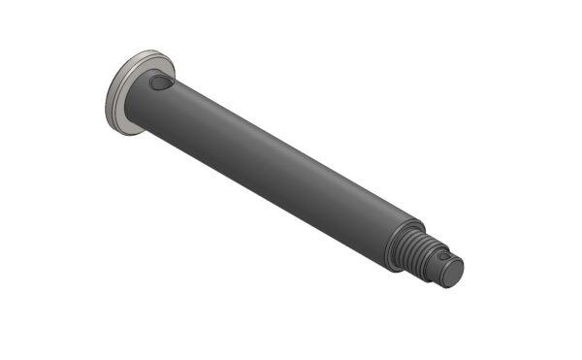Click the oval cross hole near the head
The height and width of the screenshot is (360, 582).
click(x=161, y=85)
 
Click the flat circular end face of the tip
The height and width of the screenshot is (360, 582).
click(x=454, y=272)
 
